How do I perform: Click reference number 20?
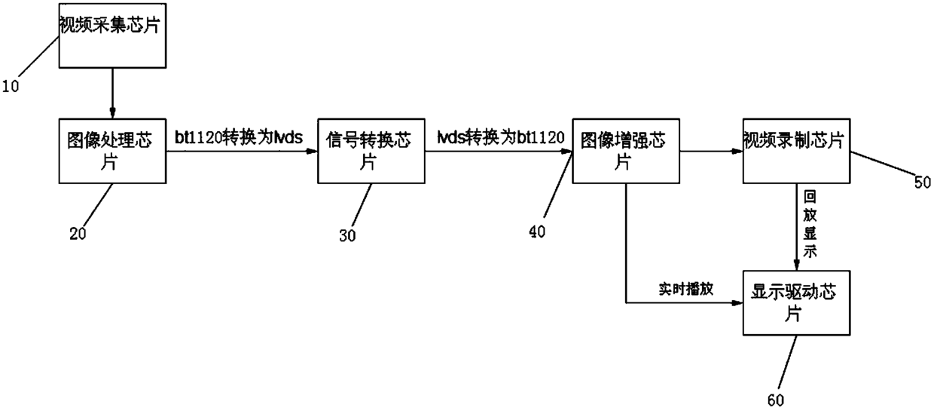point(78,234)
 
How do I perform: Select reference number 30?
point(347,235)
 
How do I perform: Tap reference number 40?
point(539,230)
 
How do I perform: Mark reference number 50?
point(921,182)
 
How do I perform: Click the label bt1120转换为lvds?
point(238,138)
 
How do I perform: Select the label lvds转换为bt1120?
point(500,138)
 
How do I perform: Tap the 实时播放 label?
point(680,290)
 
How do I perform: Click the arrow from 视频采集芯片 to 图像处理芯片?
point(112,92)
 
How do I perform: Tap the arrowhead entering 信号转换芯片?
point(313,151)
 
